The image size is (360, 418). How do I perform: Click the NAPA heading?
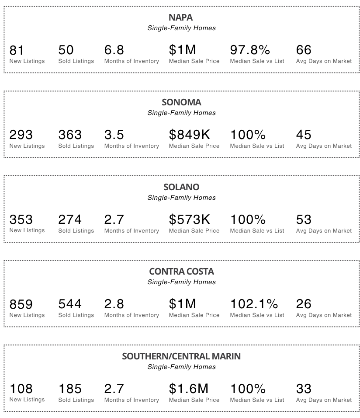180,17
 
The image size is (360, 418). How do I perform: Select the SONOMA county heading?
181,102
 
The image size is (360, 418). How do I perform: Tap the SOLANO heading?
181,187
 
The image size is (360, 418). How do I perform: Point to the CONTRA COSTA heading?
181,272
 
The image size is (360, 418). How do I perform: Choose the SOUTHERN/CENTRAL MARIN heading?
181,356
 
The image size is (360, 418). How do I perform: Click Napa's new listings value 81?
17,50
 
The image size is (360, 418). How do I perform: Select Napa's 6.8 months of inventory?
114,50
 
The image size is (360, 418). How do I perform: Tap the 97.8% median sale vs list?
250,50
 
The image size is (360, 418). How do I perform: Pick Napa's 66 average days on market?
304,50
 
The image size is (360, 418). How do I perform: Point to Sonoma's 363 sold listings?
70,135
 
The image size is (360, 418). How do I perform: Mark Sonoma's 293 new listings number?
21,135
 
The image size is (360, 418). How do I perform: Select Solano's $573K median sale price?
190,219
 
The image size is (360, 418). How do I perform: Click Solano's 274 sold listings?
70,219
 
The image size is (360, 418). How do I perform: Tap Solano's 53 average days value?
304,219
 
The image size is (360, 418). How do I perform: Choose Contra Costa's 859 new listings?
21,304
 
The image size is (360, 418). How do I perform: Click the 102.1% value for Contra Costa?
254,304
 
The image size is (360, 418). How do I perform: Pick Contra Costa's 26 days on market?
304,304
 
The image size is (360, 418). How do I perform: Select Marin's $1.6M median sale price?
189,389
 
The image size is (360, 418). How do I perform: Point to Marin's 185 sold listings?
70,389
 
